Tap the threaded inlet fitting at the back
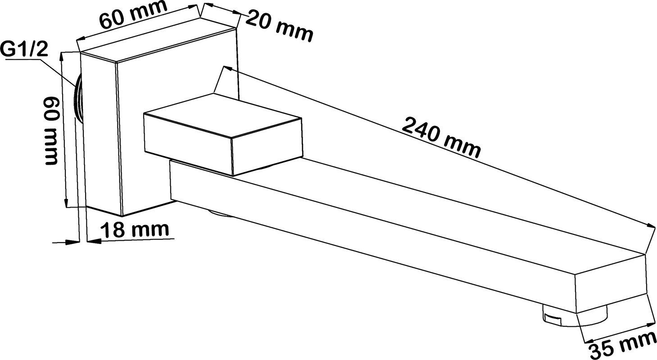[78, 100]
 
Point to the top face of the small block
[222, 115]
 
